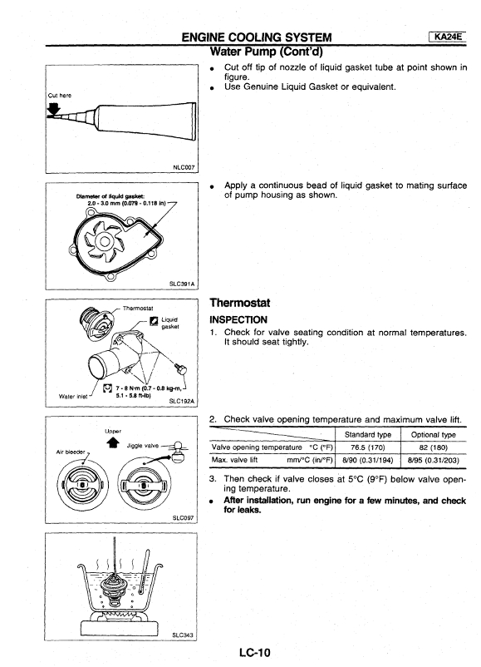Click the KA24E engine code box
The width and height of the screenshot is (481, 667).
point(448,37)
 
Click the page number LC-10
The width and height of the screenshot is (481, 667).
point(254,652)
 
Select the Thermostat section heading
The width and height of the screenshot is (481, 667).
point(239,303)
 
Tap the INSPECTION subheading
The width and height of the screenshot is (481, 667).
point(238,320)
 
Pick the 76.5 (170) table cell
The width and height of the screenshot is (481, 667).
point(368,447)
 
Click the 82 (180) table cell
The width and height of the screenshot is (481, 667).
point(434,447)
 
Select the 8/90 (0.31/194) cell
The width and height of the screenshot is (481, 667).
point(368,460)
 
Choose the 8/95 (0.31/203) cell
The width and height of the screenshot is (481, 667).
point(434,460)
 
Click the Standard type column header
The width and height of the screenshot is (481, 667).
point(368,435)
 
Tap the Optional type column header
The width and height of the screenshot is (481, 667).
point(434,435)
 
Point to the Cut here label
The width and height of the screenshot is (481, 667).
point(60,96)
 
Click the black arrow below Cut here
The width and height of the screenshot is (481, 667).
point(54,110)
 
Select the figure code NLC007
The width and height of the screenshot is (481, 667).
point(184,167)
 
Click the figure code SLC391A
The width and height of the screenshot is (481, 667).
point(182,284)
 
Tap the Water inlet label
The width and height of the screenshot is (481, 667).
point(73,397)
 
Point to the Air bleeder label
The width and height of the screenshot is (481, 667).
point(71,452)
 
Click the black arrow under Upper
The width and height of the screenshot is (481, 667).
point(113,442)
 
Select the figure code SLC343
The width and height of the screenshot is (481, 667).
point(182,635)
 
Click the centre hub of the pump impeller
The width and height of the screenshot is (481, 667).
point(104,242)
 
